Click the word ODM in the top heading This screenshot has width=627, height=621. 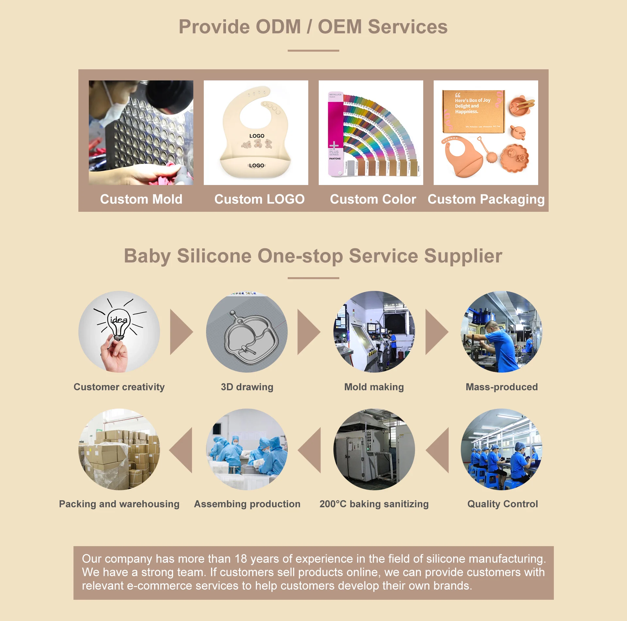click(278, 27)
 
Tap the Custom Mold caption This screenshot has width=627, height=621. click(141, 199)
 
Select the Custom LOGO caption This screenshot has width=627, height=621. click(259, 199)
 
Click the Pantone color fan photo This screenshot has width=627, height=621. click(371, 132)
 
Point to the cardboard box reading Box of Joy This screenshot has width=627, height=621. click(473, 111)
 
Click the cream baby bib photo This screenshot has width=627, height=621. click(256, 132)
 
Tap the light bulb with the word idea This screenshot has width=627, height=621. click(119, 324)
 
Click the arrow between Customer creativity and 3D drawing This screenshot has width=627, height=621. click(181, 332)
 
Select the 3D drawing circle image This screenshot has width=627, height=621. click(247, 332)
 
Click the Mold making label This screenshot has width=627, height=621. click(374, 387)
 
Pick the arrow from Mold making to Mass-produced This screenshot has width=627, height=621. click(436, 332)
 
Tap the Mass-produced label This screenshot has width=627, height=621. click(502, 387)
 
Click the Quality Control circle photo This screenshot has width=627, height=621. click(502, 449)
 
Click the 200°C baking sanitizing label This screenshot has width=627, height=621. click(374, 504)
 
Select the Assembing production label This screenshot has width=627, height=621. click(247, 504)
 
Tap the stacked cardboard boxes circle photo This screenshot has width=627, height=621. click(119, 449)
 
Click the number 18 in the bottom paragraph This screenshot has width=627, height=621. click(241, 559)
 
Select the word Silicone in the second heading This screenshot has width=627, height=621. click(214, 256)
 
